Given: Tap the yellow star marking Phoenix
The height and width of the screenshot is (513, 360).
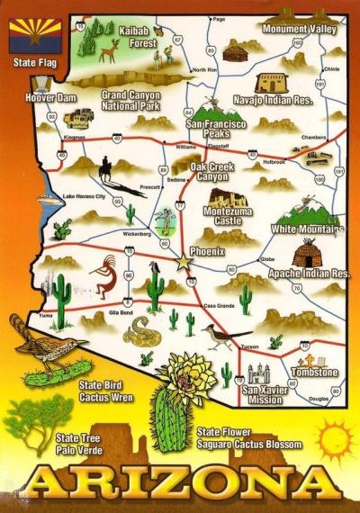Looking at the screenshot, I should (184, 261).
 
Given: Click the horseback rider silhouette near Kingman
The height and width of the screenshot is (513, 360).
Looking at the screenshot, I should (108, 166).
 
